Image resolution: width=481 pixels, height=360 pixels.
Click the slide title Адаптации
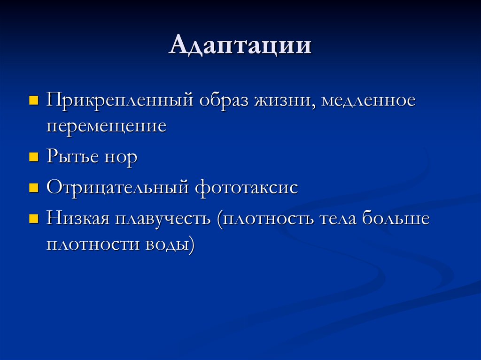pos(240,46)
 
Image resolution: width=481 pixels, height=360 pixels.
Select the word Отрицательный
pos(117,188)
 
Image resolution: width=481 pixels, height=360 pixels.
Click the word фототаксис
pos(246,187)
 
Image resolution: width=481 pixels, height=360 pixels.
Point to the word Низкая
pos(78,218)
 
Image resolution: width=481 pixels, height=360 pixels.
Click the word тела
pos(338,219)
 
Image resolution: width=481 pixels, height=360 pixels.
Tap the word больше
pos(396,218)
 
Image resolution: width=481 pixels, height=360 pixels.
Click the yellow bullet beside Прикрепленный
pos(33,100)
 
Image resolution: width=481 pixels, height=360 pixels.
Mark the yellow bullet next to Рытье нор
pos(33,157)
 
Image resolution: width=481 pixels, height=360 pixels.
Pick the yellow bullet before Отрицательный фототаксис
pos(33,188)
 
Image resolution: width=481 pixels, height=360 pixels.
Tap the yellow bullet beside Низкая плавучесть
pos(33,219)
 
